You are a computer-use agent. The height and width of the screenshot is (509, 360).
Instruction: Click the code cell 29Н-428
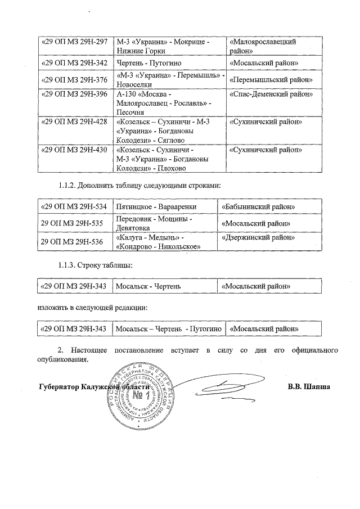[75, 122]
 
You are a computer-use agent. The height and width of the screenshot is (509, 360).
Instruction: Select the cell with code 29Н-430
[75, 150]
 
